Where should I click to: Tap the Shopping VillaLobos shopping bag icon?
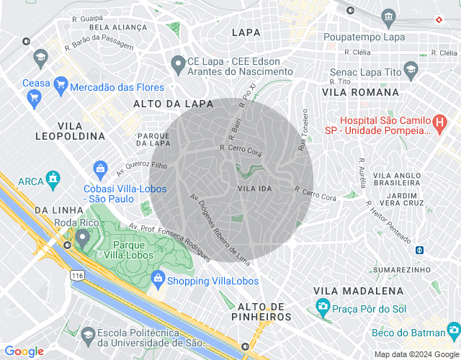point(157,281)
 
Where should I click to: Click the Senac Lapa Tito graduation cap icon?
point(411,71)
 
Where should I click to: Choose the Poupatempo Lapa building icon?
point(389,17)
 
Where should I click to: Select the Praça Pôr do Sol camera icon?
point(323,307)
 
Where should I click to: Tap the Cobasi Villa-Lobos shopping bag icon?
point(100,170)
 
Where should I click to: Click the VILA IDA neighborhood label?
point(254,188)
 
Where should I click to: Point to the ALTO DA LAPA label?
point(173,104)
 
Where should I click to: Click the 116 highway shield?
point(77,275)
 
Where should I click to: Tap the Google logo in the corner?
point(24,351)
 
